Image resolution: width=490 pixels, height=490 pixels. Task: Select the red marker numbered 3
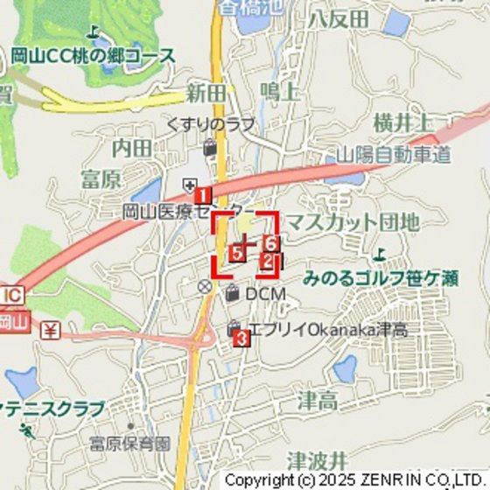[x=242, y=337]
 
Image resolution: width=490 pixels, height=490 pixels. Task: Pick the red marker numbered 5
[x=236, y=254]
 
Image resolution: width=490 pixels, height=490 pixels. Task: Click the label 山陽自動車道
[x=394, y=156]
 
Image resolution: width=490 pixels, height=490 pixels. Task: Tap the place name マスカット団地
[x=353, y=222]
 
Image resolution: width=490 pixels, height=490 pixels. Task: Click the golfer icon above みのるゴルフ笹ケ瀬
[x=379, y=255]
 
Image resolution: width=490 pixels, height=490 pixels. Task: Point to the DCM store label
[x=265, y=294]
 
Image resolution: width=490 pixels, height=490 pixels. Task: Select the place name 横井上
[x=402, y=122]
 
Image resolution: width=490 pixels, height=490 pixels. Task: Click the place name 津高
[x=318, y=402]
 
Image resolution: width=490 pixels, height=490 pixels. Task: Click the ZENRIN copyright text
[x=355, y=479]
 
